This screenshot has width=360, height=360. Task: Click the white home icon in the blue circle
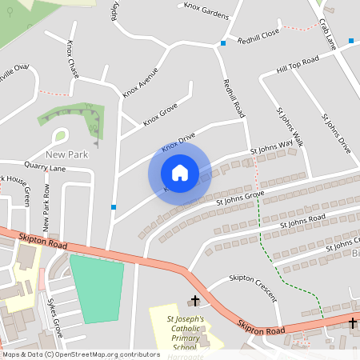(x=179, y=173)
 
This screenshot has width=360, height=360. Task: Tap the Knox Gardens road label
(x=206, y=10)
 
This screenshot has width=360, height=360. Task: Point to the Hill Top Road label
(x=298, y=63)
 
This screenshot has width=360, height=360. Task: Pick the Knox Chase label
(x=74, y=59)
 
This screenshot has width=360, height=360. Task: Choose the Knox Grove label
(x=160, y=114)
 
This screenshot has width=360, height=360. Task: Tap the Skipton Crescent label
(x=252, y=286)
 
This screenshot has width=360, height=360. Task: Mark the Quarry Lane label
(x=45, y=168)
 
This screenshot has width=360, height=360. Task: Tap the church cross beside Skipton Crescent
(x=194, y=302)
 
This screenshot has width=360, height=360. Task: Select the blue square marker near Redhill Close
(x=223, y=42)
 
